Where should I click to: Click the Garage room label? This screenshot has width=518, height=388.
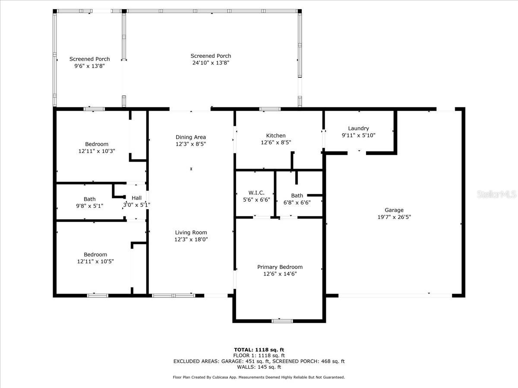[x=394, y=210]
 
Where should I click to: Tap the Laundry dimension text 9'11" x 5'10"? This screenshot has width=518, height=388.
[x=358, y=135]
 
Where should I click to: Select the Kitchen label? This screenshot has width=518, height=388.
[x=276, y=135]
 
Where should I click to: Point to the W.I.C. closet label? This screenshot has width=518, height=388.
[x=256, y=193]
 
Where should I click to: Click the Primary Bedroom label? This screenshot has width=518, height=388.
[x=280, y=267]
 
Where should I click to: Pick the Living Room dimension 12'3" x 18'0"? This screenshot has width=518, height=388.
[x=191, y=239]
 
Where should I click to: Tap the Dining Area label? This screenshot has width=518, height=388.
[x=191, y=137]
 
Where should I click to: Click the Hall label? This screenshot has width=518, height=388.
[x=137, y=198]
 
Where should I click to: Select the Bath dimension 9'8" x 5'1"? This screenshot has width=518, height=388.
[x=89, y=206]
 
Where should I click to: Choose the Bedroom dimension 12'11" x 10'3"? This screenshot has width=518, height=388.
[x=97, y=151]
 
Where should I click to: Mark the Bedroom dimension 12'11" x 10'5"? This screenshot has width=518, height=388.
[x=95, y=261]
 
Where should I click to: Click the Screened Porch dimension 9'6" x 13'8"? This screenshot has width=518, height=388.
[x=89, y=66]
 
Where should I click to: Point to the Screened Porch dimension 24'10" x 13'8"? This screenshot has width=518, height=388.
[x=211, y=63]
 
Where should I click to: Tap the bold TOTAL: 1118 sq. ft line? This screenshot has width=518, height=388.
[x=259, y=350]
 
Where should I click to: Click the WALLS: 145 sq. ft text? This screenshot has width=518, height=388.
[x=259, y=367]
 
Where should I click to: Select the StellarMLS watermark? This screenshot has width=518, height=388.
[x=496, y=194]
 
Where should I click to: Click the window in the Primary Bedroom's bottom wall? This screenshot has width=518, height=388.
[x=282, y=321]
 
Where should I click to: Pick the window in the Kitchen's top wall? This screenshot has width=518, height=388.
[x=270, y=109]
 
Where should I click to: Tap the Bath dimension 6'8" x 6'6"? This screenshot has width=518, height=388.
[x=297, y=202]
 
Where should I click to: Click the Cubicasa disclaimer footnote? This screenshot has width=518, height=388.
[x=259, y=377]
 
